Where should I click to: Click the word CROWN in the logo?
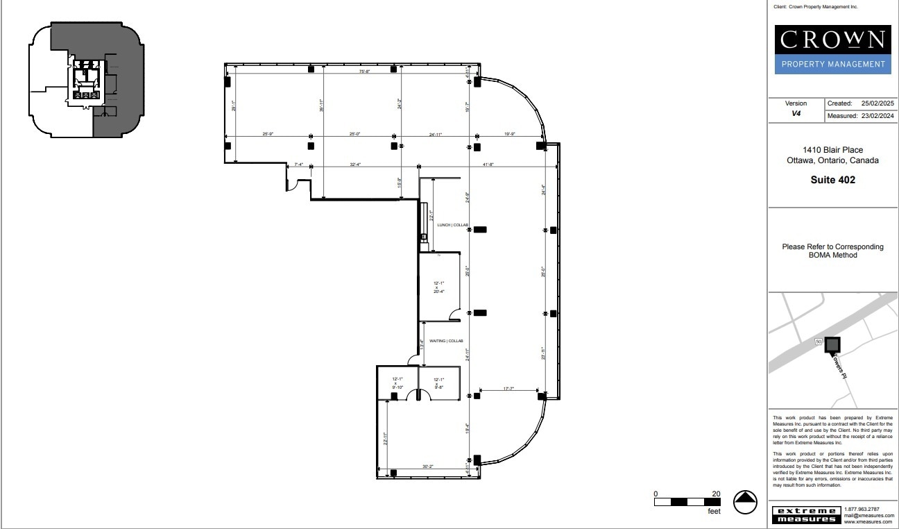pyautogui.click(x=832, y=40)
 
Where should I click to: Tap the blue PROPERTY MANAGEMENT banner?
pyautogui.click(x=832, y=65)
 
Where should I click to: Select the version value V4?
pyautogui.click(x=796, y=114)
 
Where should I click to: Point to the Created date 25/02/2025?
pyautogui.click(x=877, y=103)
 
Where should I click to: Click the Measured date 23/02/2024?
pyautogui.click(x=877, y=116)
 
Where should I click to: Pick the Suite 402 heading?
pyautogui.click(x=832, y=180)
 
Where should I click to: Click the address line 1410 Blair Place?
pyautogui.click(x=832, y=150)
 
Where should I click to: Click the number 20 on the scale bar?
pyautogui.click(x=716, y=494)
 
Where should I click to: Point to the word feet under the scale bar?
pyautogui.click(x=714, y=512)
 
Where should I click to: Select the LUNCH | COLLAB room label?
pyautogui.click(x=452, y=225)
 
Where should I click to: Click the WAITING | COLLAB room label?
pyautogui.click(x=446, y=341)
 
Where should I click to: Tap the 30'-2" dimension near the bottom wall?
pyautogui.click(x=427, y=467)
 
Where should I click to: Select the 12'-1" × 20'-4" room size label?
pyautogui.click(x=438, y=287)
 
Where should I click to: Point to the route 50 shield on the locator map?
pyautogui.click(x=819, y=342)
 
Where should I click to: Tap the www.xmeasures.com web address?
pyautogui.click(x=868, y=522)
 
